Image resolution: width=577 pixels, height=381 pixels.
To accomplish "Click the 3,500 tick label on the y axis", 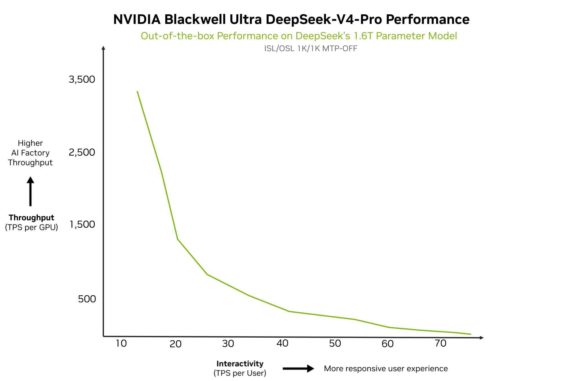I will (82, 80).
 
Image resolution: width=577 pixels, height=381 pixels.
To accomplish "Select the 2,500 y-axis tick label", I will (82, 152).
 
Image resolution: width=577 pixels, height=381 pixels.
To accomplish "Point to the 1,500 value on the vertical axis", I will (83, 225).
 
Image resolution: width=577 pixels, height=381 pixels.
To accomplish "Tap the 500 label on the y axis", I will (87, 299).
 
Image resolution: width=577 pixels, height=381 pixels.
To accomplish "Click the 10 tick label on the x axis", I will (121, 343).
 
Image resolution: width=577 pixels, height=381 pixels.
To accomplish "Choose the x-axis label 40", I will (282, 343).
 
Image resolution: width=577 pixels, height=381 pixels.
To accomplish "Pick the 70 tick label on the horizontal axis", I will (441, 343).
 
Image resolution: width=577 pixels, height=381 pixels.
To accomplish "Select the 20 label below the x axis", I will (176, 344).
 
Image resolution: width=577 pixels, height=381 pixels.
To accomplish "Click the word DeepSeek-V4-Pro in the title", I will (324, 19).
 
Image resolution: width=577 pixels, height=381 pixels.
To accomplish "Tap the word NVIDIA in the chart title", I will (137, 19).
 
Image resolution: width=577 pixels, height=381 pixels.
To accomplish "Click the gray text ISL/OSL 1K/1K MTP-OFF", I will (310, 49).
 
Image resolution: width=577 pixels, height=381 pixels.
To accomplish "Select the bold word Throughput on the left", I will (31, 218).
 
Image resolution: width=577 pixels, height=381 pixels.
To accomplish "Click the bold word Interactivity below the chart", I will (240, 364).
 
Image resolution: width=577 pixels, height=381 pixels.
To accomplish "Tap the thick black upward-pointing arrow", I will (30, 191).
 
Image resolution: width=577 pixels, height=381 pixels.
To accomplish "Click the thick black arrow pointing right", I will (298, 369).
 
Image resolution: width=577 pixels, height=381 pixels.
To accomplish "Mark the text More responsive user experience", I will (385, 369).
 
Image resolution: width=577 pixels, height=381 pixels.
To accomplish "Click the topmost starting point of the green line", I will (137, 91).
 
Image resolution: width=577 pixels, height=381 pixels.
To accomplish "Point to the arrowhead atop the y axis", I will (103, 48).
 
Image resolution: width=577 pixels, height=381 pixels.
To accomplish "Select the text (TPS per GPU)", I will (31, 227).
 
